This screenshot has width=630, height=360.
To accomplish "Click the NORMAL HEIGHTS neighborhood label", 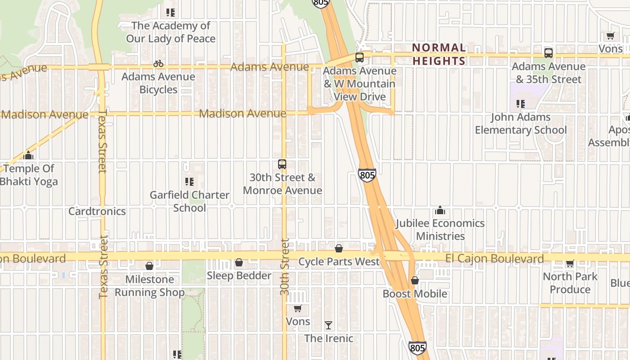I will tap(439, 54).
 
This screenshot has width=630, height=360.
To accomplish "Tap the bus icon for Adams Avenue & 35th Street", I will tap(548, 53).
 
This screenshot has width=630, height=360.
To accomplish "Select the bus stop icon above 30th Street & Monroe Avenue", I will tap(282, 164).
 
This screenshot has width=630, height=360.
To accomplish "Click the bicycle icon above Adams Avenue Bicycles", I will tap(158, 63).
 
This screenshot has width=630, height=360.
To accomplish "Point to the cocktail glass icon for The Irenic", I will tap(328, 325).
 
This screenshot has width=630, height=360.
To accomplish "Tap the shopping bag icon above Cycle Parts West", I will tap(339, 248).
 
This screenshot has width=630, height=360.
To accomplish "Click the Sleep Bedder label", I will tap(239, 275).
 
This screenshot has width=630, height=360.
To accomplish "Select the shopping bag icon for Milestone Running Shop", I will tap(149, 266).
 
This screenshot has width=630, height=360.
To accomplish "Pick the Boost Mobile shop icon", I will tap(414, 280).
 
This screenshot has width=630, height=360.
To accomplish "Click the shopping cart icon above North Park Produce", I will tap(570, 263).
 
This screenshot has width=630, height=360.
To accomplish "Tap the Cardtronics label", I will tap(97, 211).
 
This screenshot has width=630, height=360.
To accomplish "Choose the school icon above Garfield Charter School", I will tap(189, 182).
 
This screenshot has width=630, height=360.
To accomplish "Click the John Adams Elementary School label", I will tap(521, 123).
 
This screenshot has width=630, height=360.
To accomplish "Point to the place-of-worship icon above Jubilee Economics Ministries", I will tap(440, 210).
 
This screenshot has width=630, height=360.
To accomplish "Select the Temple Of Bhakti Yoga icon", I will tap(29, 155).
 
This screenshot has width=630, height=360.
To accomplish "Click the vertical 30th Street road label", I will tap(284, 267).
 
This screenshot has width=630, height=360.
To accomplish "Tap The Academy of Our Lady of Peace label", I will tap(171, 32).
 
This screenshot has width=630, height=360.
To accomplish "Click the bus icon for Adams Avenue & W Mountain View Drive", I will tap(359, 57).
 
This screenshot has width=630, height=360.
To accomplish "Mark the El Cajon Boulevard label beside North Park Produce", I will tap(495, 258).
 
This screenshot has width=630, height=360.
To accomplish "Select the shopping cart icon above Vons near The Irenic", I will tap(297, 308).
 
